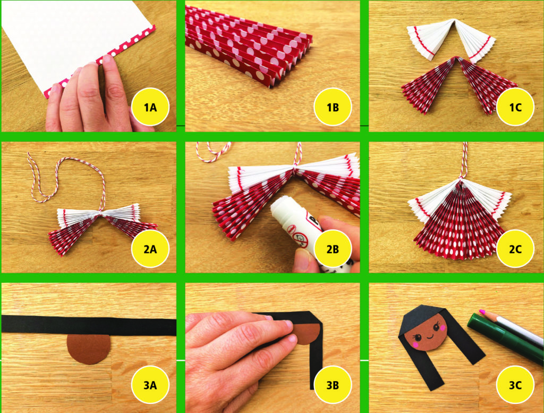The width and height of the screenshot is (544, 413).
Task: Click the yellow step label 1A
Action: [x=150, y=108]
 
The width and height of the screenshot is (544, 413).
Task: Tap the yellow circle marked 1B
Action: [x=333, y=108]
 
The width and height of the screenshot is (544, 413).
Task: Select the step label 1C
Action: [x=515, y=108]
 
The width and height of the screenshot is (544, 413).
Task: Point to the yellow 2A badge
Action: [x=150, y=249]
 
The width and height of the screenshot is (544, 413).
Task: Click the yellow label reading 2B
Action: [x=333, y=249]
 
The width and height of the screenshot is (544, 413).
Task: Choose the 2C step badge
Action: [x=515, y=249]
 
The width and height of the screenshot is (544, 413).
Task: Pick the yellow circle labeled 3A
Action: [x=150, y=385]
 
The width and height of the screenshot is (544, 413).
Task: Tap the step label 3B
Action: [x=333, y=385]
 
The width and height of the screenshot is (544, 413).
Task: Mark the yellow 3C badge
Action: [x=515, y=385]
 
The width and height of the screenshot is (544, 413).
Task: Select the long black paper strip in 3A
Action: [x=89, y=325]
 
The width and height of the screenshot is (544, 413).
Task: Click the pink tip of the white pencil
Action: [x=481, y=312]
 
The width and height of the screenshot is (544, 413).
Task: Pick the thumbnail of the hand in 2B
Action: [x=302, y=260]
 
